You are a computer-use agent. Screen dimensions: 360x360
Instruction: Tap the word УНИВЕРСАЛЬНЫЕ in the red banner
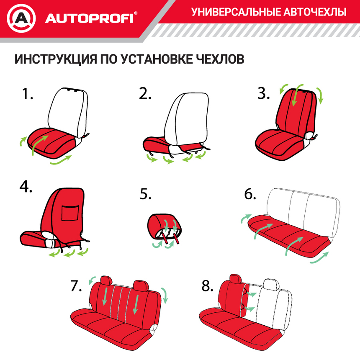[235, 12]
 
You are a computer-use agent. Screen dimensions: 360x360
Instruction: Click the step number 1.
[27, 94]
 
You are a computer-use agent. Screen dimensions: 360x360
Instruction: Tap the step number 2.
[145, 94]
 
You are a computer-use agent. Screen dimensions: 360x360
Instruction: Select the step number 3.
[263, 94]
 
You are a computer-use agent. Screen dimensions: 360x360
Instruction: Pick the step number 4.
[26, 187]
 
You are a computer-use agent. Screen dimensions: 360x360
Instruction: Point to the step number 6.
[250, 195]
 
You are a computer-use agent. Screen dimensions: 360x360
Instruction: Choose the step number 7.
[75, 286]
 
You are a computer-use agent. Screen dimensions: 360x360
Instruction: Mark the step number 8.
[208, 286]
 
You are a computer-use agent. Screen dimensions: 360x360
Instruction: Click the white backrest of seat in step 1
[69, 109]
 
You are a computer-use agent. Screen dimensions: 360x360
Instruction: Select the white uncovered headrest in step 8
[272, 285]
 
